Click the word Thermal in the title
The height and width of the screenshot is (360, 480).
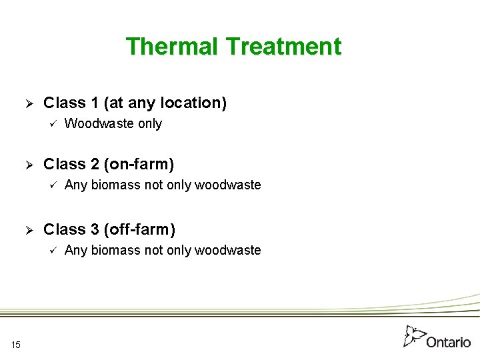click(172, 47)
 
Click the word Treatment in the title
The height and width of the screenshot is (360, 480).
click(283, 47)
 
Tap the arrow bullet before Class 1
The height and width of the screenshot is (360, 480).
click(29, 103)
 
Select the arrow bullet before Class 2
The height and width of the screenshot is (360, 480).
click(29, 165)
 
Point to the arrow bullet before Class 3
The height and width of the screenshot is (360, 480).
click(29, 230)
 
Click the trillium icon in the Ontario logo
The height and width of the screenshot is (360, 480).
click(415, 336)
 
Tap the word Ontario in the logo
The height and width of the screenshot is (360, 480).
click(449, 342)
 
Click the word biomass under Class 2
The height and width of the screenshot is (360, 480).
click(115, 185)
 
